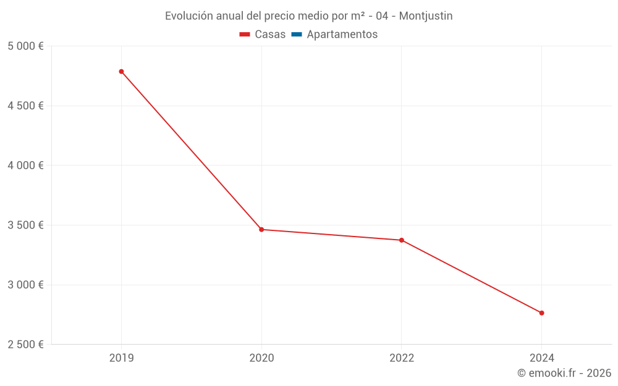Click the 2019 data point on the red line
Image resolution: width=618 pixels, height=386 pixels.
[x=121, y=72]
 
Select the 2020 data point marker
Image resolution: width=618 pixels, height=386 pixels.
[x=261, y=230]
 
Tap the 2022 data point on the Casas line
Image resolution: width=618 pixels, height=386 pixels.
[x=402, y=240]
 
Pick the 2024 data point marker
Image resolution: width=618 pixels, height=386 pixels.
[x=541, y=313]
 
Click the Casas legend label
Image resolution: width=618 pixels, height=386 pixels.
[x=270, y=35]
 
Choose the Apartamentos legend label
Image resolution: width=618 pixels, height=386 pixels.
[x=342, y=35]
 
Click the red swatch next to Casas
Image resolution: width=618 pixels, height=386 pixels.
[x=245, y=35]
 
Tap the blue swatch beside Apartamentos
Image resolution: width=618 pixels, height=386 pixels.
[x=296, y=35]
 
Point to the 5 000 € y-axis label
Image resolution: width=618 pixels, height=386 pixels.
[x=26, y=46]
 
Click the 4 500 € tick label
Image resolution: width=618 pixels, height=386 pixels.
[x=26, y=106]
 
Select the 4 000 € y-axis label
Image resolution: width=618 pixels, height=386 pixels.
[x=26, y=166]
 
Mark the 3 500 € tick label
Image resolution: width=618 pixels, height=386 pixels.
[x=26, y=225]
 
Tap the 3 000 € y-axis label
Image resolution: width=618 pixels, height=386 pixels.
[x=26, y=285]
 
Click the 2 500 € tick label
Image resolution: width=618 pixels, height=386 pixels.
[x=26, y=345]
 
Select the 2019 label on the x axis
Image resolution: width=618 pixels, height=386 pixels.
[x=121, y=358]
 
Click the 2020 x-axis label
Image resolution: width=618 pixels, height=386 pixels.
[x=261, y=358]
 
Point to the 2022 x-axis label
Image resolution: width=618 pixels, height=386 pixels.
[x=402, y=358]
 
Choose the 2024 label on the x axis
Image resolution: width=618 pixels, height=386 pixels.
[x=541, y=358]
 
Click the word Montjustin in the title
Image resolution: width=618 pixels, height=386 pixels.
[x=426, y=16]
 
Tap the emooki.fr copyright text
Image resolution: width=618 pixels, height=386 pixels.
[x=564, y=373]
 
